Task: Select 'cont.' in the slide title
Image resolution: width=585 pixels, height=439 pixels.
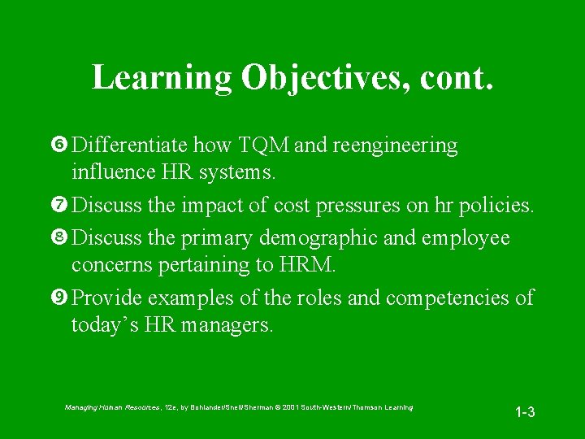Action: point(457,78)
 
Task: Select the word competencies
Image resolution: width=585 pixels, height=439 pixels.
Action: point(449,298)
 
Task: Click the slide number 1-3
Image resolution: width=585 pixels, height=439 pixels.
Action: point(525,412)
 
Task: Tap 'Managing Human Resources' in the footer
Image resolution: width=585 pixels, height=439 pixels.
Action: point(112,406)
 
